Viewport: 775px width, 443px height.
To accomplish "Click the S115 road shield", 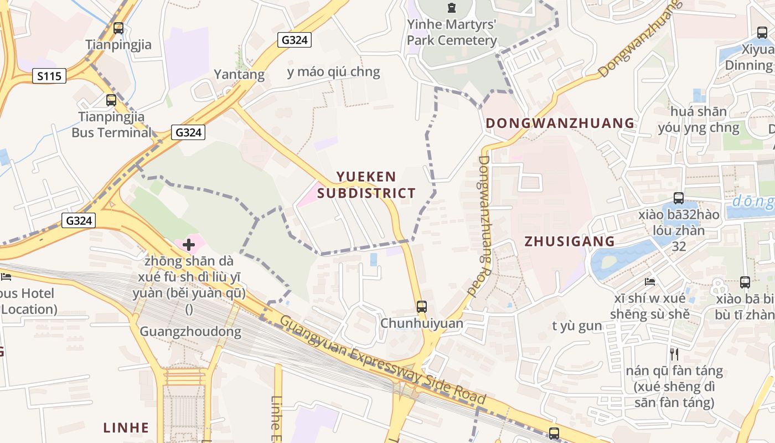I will click(x=49, y=76).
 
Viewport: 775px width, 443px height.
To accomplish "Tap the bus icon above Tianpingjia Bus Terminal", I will click(x=111, y=100).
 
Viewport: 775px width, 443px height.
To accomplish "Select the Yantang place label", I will click(x=239, y=74).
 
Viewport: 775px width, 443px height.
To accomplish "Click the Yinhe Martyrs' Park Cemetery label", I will click(x=452, y=32).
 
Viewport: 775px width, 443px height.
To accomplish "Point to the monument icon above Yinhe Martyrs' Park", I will click(x=452, y=8).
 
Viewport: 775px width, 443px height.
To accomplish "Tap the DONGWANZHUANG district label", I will click(x=560, y=123).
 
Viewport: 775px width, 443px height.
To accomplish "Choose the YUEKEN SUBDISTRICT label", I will click(x=366, y=185).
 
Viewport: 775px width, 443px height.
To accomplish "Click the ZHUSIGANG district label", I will click(x=569, y=241).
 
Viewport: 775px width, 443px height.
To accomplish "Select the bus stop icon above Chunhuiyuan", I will click(x=422, y=307).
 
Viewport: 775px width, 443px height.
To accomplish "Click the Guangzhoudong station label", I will click(x=190, y=332).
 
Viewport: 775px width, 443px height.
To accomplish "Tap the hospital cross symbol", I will click(x=189, y=244).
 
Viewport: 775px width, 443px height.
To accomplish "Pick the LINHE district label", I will click(x=126, y=427).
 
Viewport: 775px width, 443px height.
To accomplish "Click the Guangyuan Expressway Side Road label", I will click(x=383, y=359).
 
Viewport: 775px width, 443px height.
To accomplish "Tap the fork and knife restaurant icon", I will click(x=674, y=354).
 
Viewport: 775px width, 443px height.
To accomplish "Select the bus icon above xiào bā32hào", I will click(x=678, y=198).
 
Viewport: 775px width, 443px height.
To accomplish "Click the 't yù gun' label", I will click(x=577, y=326).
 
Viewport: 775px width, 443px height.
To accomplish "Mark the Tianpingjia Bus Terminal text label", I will click(x=111, y=125).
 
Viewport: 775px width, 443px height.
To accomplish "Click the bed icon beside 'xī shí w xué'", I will click(x=650, y=282).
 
